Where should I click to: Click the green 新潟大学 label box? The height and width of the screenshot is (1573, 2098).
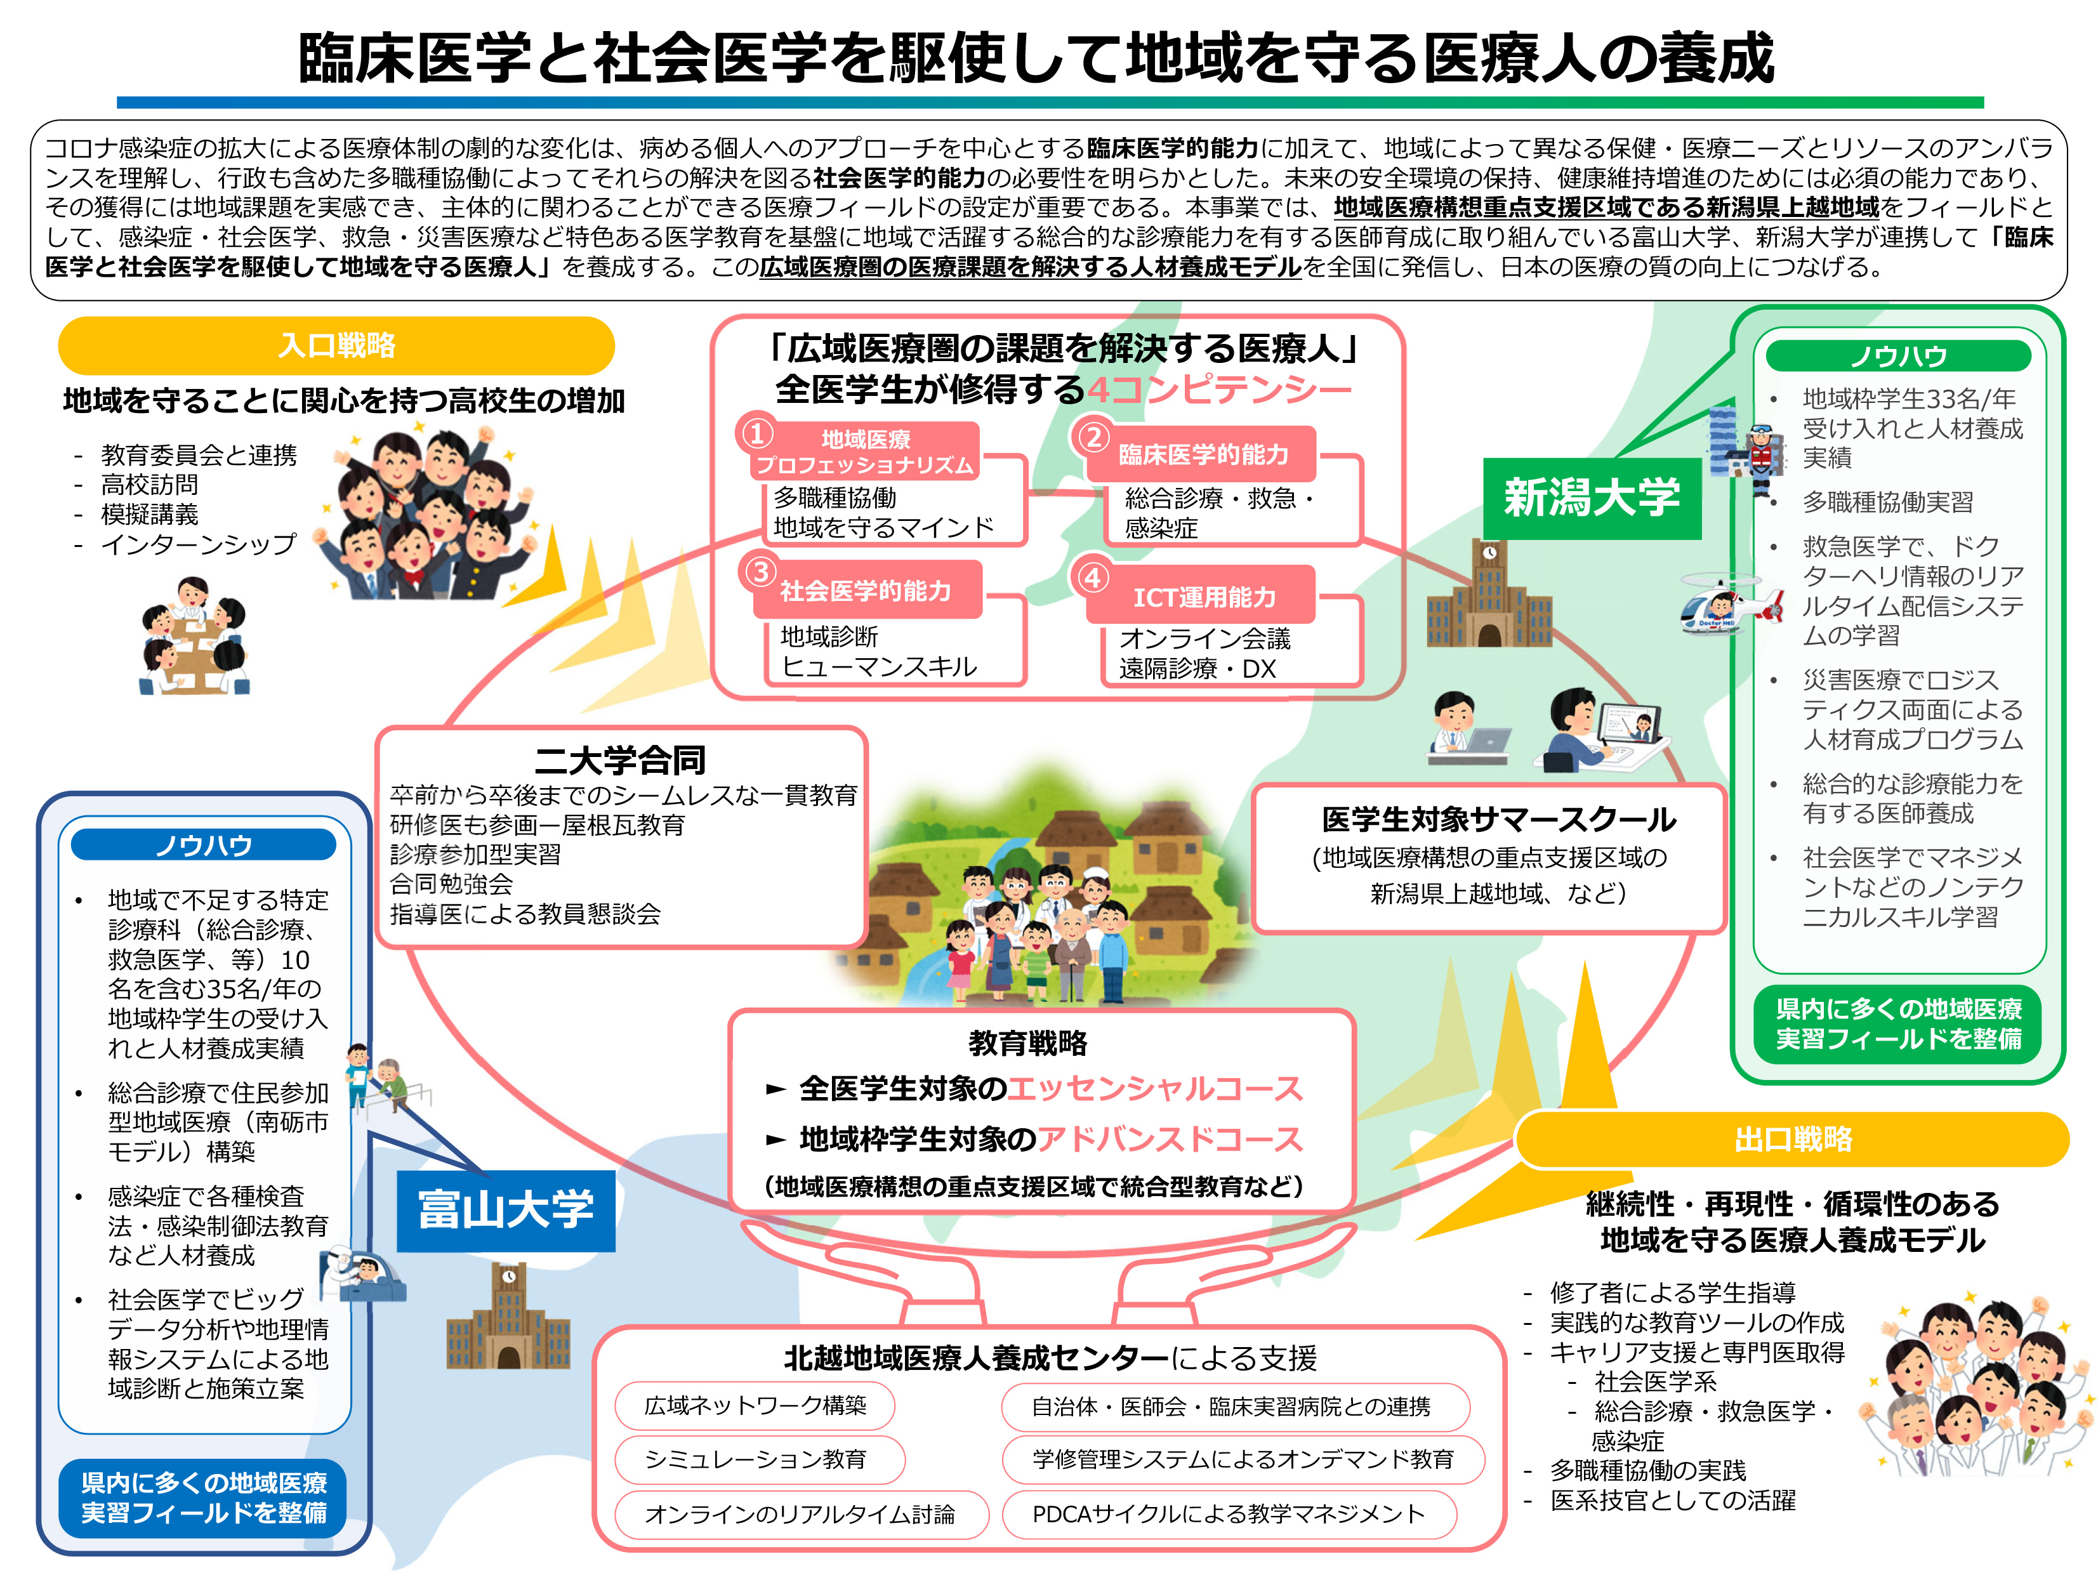point(1592,497)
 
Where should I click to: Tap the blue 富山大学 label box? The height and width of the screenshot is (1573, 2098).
point(506,1210)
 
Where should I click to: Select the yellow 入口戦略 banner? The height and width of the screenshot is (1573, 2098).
point(337,345)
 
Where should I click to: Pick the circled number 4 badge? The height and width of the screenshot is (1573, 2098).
point(1093,577)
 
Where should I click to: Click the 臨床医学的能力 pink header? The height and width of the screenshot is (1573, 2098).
point(1203,454)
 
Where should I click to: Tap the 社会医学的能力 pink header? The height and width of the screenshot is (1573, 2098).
point(866,591)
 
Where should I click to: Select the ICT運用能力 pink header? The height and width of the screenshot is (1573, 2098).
point(1204,596)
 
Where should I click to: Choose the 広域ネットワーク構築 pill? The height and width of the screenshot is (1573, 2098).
point(755,1405)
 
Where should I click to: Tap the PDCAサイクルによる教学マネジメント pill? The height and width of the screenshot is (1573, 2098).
point(1229,1514)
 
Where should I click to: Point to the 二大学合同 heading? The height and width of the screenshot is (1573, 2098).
point(620,760)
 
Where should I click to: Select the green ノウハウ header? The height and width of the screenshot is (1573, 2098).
point(1898,355)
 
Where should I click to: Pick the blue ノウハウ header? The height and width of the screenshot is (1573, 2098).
point(204,845)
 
